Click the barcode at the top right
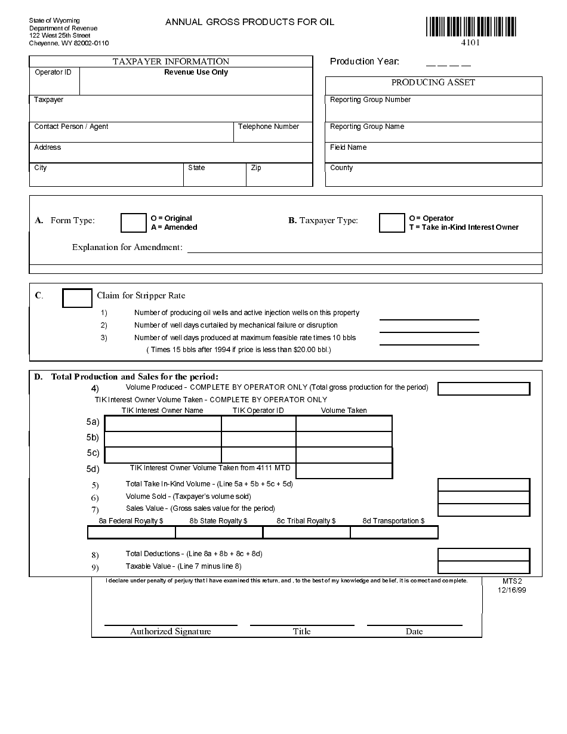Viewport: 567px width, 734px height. [x=471, y=26]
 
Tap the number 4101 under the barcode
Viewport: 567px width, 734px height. [x=470, y=42]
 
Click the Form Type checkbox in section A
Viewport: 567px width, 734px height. [x=133, y=223]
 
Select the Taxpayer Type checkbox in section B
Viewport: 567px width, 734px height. [x=392, y=223]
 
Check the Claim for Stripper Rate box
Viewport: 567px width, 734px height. [x=77, y=298]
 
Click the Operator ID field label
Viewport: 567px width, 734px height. [x=53, y=72]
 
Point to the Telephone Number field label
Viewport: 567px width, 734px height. [x=268, y=127]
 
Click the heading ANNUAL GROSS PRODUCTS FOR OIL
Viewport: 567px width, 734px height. [x=249, y=22]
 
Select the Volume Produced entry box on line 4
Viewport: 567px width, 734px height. [x=483, y=388]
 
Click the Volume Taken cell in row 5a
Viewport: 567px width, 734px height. [x=344, y=424]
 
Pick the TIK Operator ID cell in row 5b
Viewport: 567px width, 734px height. [x=258, y=439]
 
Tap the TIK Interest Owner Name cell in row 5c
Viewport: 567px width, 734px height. [x=163, y=455]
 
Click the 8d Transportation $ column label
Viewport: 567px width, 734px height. [x=394, y=521]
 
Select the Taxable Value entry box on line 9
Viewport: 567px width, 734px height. [x=483, y=568]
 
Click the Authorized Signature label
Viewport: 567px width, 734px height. [x=171, y=631]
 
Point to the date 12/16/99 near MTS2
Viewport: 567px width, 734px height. [x=511, y=590]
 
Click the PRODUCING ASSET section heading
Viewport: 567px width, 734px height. [x=433, y=82]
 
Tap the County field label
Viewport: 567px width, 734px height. [x=341, y=168]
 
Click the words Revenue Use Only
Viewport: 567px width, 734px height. [x=196, y=72]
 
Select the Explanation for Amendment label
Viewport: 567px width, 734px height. [x=127, y=247]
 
